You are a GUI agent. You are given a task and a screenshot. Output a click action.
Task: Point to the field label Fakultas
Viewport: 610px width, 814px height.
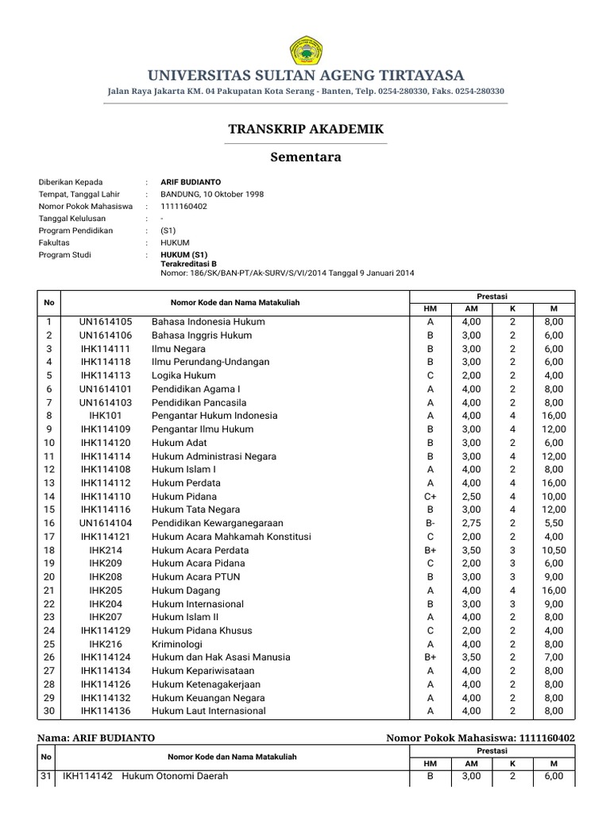(x=54, y=242)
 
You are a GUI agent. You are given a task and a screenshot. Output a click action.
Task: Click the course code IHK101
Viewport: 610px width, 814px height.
(x=106, y=416)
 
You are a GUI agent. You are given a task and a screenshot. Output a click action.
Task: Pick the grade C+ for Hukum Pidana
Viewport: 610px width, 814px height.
(x=430, y=496)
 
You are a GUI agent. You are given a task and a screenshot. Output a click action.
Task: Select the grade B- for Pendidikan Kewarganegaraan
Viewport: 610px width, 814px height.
(x=430, y=523)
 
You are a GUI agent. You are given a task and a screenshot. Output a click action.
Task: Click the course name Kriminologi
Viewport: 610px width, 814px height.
(x=177, y=644)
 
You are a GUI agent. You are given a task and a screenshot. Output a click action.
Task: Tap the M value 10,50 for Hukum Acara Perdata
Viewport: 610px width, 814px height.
(x=554, y=550)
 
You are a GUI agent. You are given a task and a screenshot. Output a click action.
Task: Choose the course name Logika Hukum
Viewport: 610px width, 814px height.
(x=183, y=375)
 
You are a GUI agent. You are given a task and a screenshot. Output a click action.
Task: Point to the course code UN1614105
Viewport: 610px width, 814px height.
(x=106, y=322)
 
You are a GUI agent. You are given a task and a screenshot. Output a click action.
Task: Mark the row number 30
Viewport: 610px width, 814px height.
(x=48, y=711)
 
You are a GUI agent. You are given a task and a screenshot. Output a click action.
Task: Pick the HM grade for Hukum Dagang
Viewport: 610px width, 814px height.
(x=430, y=591)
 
